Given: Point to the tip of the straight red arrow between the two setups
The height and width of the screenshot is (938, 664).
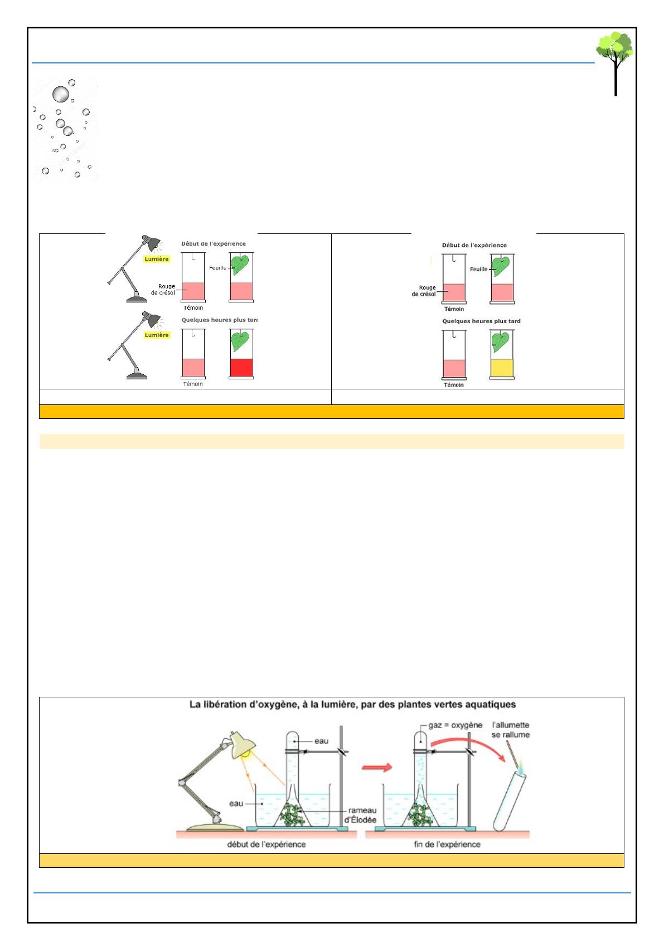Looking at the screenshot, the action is [392, 767].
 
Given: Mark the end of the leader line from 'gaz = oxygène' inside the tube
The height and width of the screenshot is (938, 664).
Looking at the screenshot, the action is [420, 741].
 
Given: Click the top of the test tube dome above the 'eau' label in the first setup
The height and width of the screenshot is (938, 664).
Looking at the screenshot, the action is [292, 731].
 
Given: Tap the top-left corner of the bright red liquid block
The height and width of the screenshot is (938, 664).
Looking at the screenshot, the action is [231, 359].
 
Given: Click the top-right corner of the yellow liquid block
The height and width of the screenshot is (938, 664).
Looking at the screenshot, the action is [513, 360].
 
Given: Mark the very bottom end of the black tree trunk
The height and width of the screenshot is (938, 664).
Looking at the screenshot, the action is [615, 95].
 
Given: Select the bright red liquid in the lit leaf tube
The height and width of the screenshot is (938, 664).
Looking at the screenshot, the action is [241, 368].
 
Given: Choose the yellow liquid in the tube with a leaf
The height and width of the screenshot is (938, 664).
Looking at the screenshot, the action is [502, 369].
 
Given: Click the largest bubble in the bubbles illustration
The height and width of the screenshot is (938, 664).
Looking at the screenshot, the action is [60, 94].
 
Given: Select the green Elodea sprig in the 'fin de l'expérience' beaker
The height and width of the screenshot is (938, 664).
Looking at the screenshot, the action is [420, 814].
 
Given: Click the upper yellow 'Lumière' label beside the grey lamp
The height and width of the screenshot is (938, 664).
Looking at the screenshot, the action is [156, 259].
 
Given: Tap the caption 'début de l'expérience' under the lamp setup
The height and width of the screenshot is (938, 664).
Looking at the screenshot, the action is [266, 844].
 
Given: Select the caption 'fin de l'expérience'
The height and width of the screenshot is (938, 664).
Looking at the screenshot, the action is [447, 844].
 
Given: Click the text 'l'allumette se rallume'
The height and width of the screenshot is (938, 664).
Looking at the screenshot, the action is [511, 730].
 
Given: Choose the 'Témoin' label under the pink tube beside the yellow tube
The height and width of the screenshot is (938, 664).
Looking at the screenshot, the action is [454, 385].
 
